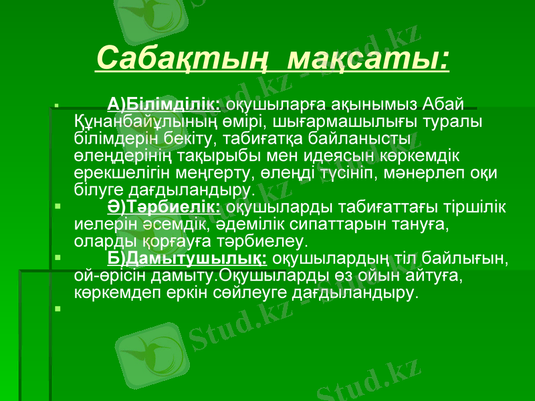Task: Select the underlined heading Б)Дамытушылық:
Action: tap(188, 258)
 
